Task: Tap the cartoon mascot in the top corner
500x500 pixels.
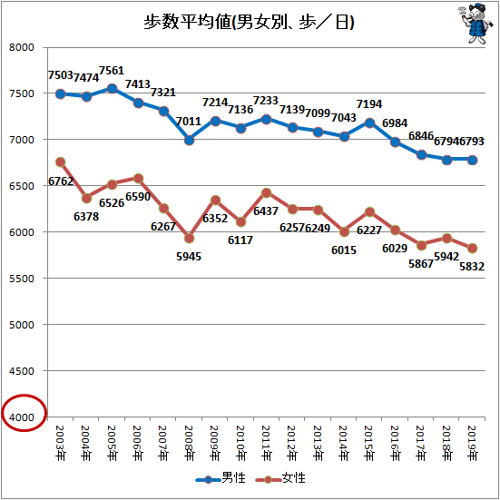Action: click(476, 24)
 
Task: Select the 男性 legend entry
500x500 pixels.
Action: click(221, 478)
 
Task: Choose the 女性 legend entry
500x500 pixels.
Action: click(280, 478)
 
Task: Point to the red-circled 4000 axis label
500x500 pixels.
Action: click(22, 417)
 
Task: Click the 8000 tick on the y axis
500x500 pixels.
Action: click(22, 47)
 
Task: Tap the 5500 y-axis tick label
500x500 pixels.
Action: click(22, 279)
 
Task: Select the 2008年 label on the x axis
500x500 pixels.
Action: click(189, 443)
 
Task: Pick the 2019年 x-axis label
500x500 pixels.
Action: click(472, 443)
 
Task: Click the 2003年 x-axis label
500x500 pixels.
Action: click(60, 443)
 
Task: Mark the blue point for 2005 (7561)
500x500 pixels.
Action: click(112, 89)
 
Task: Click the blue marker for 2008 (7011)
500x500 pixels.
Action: click(189, 140)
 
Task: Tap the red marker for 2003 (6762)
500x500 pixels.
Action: click(60, 162)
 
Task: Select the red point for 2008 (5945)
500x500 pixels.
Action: click(189, 238)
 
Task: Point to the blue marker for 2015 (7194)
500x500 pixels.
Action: click(369, 123)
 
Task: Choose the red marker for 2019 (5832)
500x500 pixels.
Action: click(472, 248)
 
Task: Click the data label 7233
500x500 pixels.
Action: click(266, 101)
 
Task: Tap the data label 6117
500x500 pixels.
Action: click(240, 240)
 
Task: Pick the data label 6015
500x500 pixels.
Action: click(344, 250)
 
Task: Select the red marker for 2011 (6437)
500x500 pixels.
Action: click(267, 192)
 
